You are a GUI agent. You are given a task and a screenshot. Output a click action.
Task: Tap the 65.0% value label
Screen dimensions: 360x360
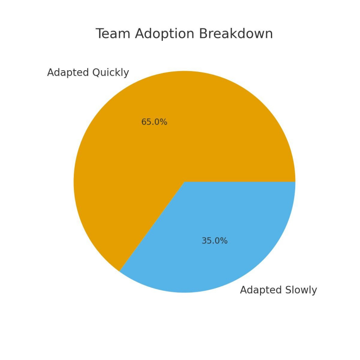(x=154, y=122)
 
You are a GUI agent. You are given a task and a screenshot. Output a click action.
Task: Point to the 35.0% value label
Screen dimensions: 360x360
(x=214, y=241)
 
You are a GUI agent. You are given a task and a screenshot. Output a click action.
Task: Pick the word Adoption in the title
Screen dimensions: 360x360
(x=162, y=35)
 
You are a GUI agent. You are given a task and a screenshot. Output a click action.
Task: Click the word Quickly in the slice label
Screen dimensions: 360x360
(x=110, y=73)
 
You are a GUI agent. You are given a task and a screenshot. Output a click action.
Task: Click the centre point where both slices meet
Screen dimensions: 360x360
(x=184, y=182)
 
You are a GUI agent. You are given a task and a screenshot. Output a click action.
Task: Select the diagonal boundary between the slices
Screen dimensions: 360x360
(x=152, y=226)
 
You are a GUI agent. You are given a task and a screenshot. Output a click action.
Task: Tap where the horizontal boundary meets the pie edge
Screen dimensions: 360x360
(x=295, y=182)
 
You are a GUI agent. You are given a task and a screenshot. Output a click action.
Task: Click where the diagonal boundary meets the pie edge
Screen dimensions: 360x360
(x=120, y=271)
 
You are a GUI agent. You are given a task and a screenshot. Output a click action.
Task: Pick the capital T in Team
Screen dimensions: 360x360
(x=100, y=34)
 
